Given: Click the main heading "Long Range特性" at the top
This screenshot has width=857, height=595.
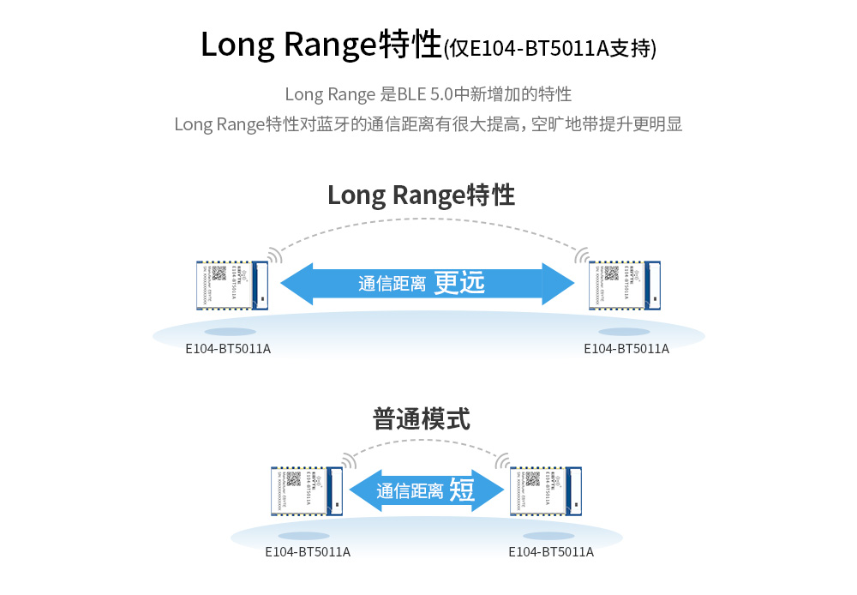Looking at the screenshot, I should (321, 45).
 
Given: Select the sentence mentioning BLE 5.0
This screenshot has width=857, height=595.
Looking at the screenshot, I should (428, 93).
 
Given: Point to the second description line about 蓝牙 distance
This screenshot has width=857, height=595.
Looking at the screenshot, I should (428, 124).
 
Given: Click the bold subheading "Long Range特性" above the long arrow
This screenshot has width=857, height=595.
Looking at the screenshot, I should (421, 195).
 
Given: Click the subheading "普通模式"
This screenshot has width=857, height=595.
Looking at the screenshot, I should (421, 419).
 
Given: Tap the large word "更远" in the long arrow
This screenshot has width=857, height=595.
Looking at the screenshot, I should (459, 283).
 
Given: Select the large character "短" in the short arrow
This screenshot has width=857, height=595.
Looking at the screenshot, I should (462, 490).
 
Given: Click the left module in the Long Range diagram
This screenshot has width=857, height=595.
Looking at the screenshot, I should (229, 285).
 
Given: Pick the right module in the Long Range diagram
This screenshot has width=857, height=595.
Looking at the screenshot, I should (626, 285).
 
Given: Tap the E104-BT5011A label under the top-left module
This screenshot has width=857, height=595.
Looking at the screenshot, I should (228, 349).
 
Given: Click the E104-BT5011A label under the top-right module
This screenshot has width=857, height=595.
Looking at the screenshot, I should (626, 349).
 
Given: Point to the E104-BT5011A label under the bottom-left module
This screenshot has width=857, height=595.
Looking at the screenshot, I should (308, 551).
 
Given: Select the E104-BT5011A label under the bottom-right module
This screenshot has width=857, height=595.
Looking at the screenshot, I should (551, 551).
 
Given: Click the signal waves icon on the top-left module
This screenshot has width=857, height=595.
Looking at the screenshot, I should (274, 255).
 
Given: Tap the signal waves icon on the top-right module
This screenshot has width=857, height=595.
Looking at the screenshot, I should (582, 255).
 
